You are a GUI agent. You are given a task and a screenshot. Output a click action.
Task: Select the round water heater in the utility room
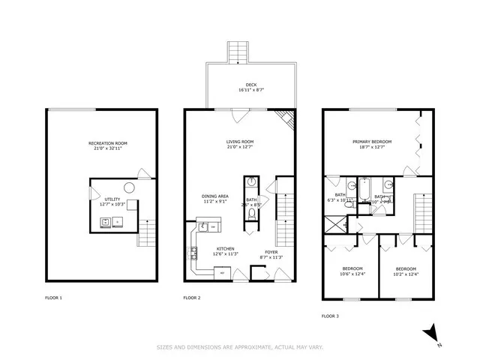click(128, 187)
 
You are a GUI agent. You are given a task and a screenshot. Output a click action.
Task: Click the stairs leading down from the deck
click(239, 52)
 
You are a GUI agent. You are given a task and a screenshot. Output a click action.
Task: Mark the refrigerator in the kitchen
click(223, 274)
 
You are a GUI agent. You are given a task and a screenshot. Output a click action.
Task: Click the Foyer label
click(270, 252)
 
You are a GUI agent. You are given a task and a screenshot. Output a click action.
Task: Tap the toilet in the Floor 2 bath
click(251, 214)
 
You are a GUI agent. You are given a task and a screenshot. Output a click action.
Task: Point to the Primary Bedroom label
click(372, 142)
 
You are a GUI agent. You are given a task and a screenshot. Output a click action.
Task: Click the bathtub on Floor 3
click(363, 191)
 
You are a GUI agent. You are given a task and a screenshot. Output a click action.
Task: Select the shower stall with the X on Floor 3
click(331, 223)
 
